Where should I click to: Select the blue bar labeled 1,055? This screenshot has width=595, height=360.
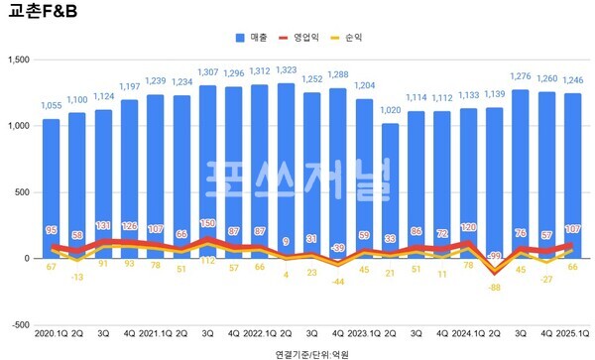click(x=51, y=188)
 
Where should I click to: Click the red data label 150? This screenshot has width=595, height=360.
click(x=208, y=224)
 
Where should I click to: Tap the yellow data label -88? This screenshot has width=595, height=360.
click(x=493, y=288)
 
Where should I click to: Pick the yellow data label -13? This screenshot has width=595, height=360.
click(x=77, y=278)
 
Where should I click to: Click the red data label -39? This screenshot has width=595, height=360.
click(x=337, y=248)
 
